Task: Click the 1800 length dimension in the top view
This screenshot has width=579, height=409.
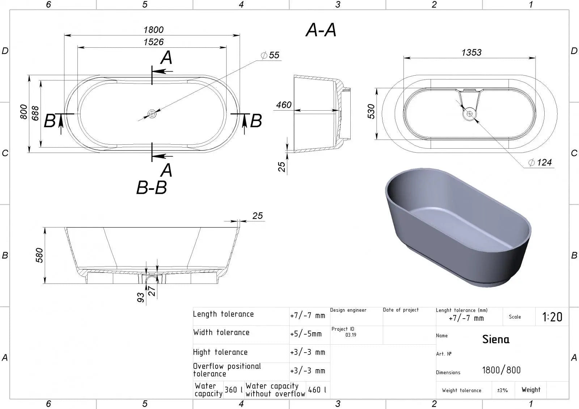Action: tap(153, 30)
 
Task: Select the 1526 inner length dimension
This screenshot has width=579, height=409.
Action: tap(153, 42)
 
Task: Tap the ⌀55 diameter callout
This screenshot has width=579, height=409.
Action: tap(270, 55)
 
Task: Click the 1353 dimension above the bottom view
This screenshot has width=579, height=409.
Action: tap(472, 52)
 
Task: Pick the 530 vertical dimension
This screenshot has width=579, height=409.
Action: tap(371, 111)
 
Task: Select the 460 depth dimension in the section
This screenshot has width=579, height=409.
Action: tap(284, 105)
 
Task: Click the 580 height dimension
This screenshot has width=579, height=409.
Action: tap(39, 255)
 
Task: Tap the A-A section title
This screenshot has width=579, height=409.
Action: tap(321, 30)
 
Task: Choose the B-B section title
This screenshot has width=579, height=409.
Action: tap(152, 187)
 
